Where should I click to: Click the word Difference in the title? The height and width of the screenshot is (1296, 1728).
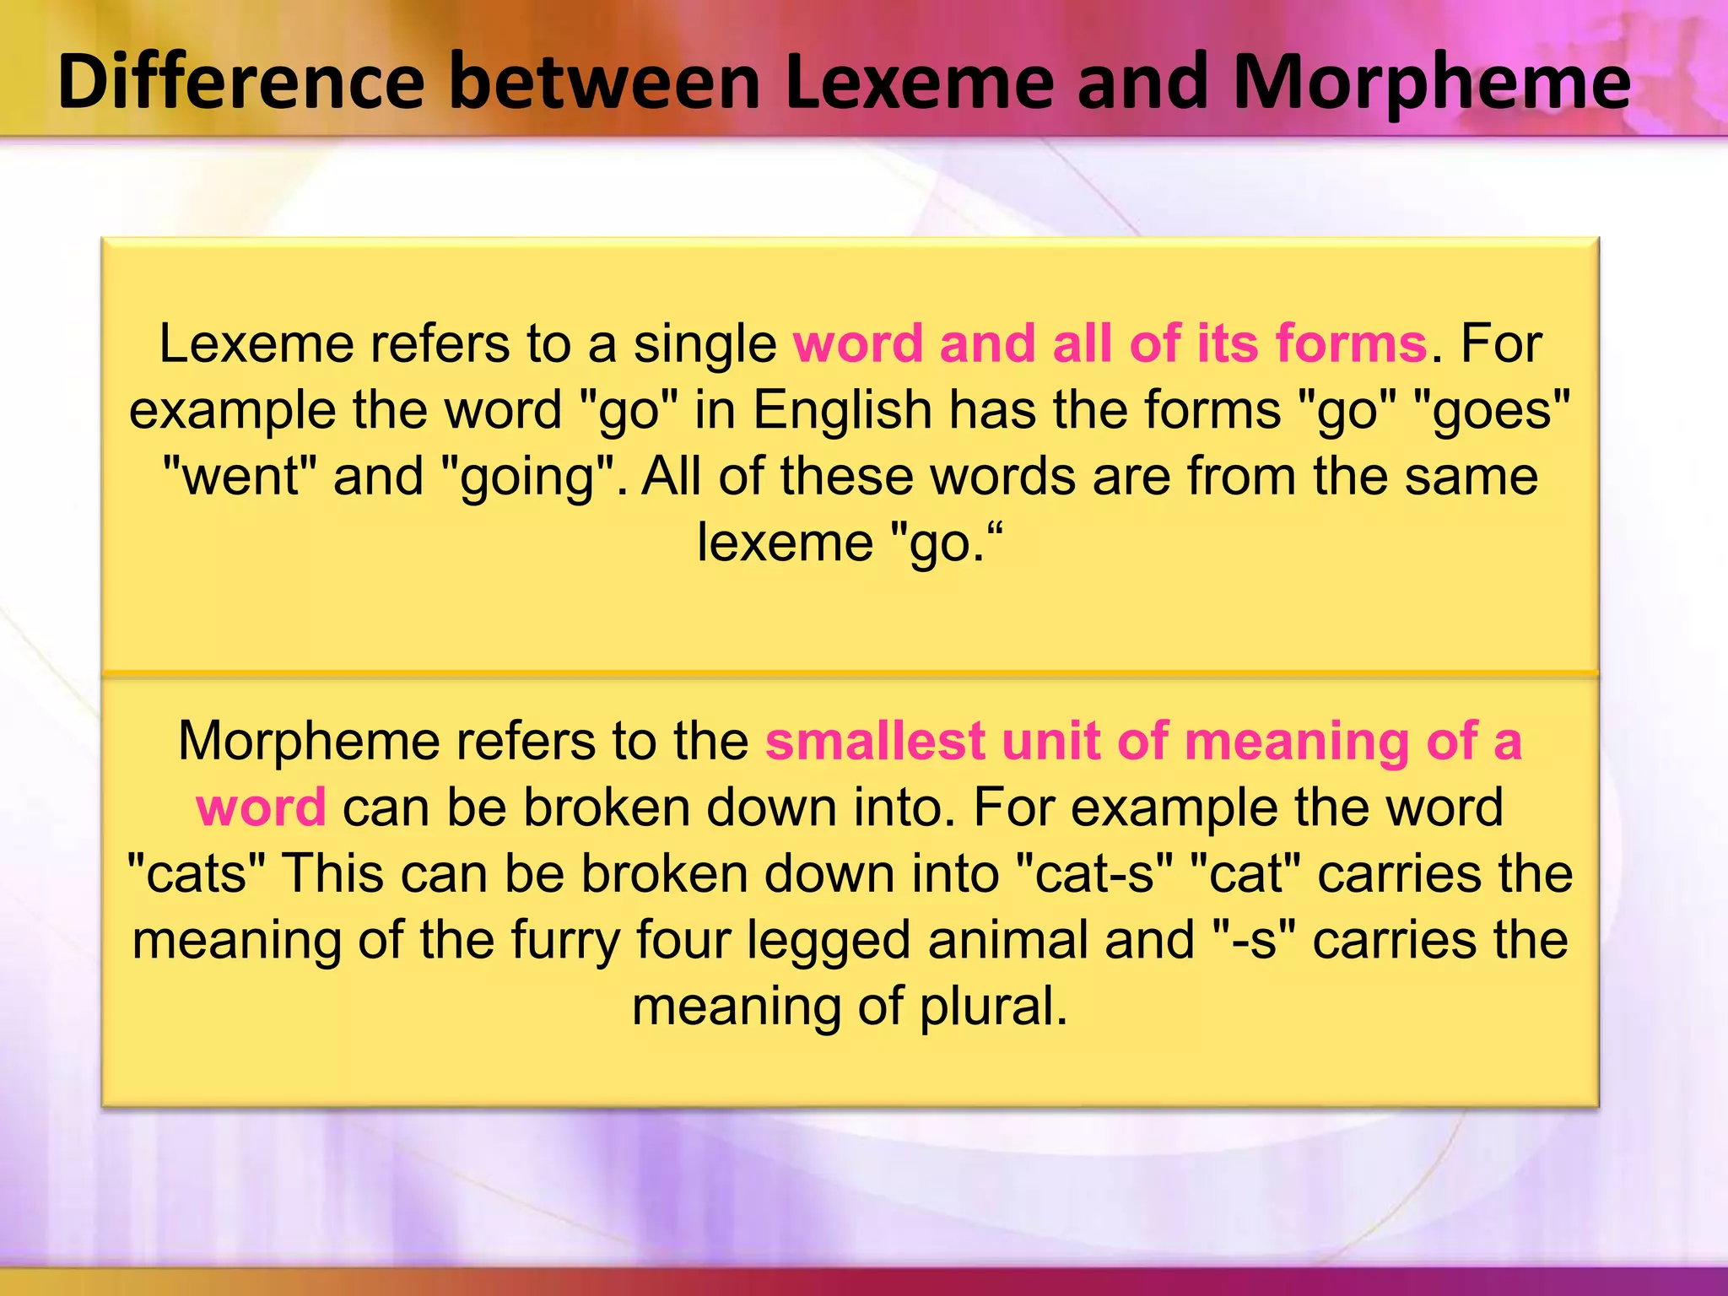pos(240,82)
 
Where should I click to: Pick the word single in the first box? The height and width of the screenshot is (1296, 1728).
pos(705,344)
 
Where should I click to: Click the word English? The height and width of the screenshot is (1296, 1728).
pos(841,411)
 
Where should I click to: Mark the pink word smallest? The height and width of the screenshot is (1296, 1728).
pos(875,742)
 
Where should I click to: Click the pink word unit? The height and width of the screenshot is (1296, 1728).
pos(1050,742)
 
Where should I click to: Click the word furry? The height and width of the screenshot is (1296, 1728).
pos(564,940)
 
